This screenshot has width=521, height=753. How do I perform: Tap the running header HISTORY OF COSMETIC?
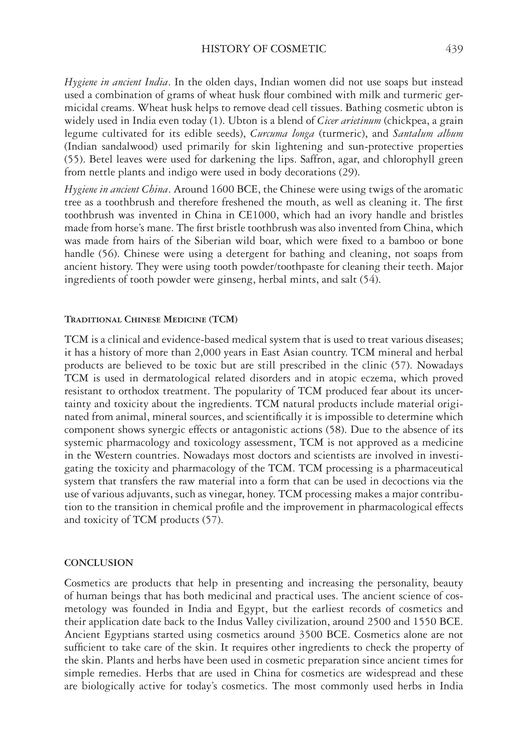point(264,49)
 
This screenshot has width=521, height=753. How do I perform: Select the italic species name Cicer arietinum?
point(349,121)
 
